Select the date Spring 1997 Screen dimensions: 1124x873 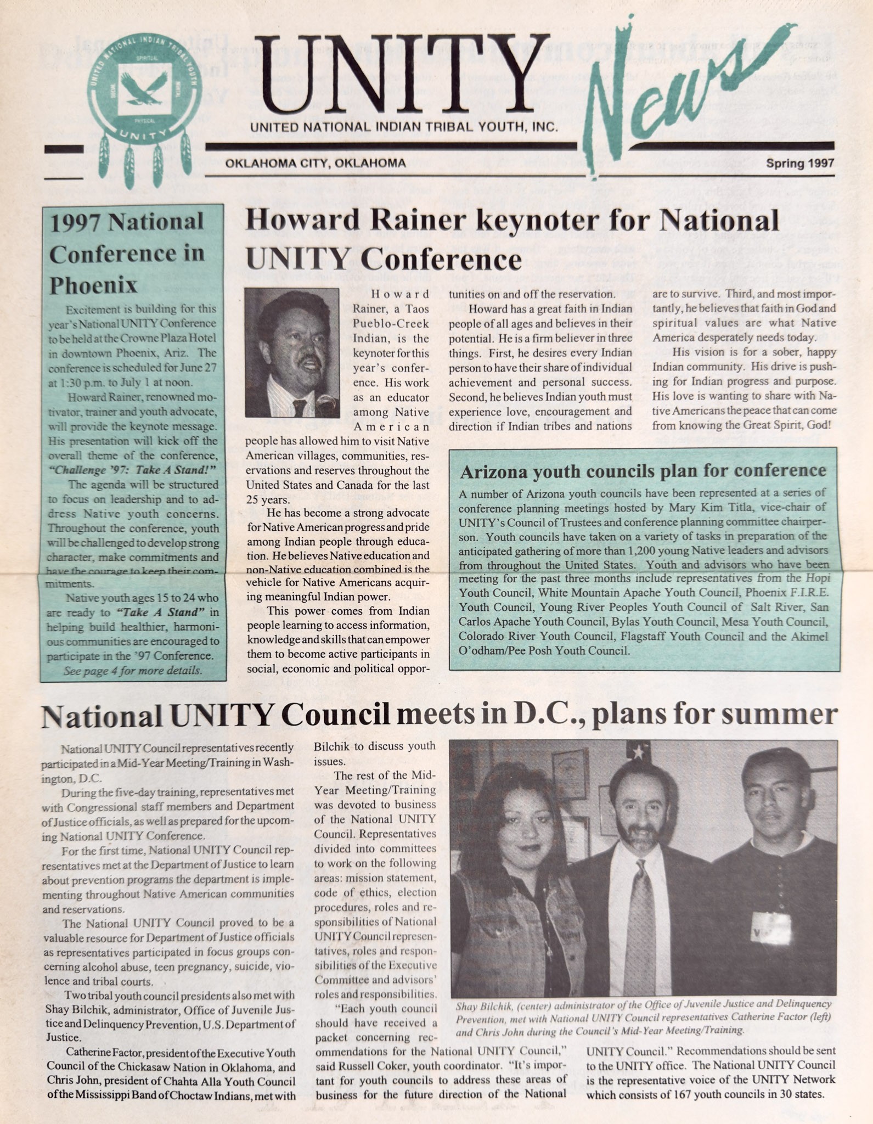(799, 163)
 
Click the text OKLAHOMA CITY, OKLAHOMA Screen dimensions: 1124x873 (316, 163)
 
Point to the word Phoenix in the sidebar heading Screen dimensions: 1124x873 (94, 285)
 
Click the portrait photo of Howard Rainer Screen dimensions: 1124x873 (291, 352)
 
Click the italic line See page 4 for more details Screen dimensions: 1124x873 (132, 670)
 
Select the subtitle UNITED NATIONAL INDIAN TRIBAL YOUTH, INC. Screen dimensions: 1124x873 (403, 127)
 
